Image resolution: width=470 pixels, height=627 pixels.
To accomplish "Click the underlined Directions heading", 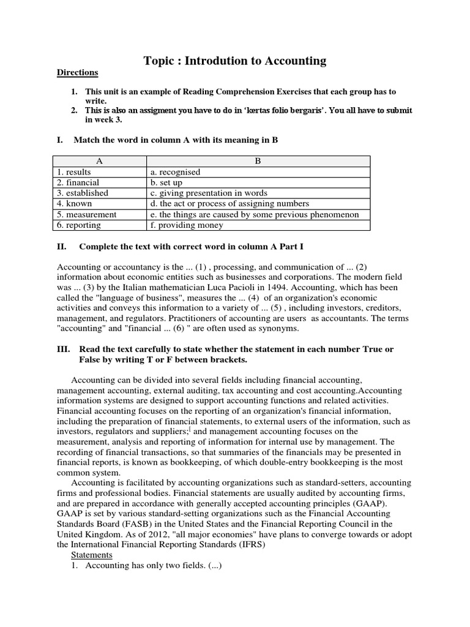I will pyautogui.click(x=77, y=72).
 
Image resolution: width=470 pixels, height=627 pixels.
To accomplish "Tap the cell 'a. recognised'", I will pyautogui.click(x=175, y=172).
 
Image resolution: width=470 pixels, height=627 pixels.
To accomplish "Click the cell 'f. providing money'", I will pyautogui.click(x=184, y=225).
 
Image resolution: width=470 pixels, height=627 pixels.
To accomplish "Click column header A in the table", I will pyautogui.click(x=98, y=162).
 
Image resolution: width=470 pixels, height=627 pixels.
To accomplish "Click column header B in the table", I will pyautogui.click(x=258, y=162).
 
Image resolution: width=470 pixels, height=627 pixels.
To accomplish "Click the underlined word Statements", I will pyautogui.click(x=92, y=555).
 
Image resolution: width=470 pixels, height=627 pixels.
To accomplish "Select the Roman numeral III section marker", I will pyautogui.click(x=64, y=349).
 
